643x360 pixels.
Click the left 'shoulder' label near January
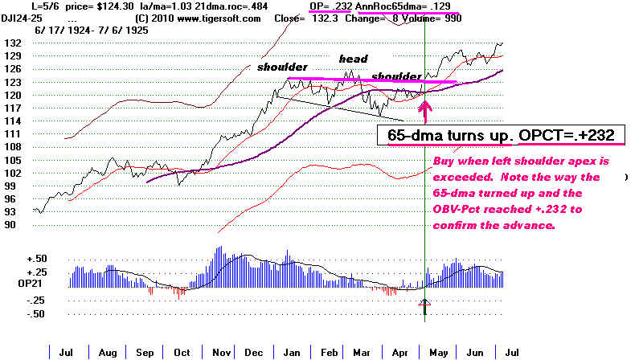click(283, 67)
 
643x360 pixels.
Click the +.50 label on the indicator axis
click(15, 258)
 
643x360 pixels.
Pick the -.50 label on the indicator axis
click(15, 313)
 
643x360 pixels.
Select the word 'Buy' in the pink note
click(443, 161)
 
